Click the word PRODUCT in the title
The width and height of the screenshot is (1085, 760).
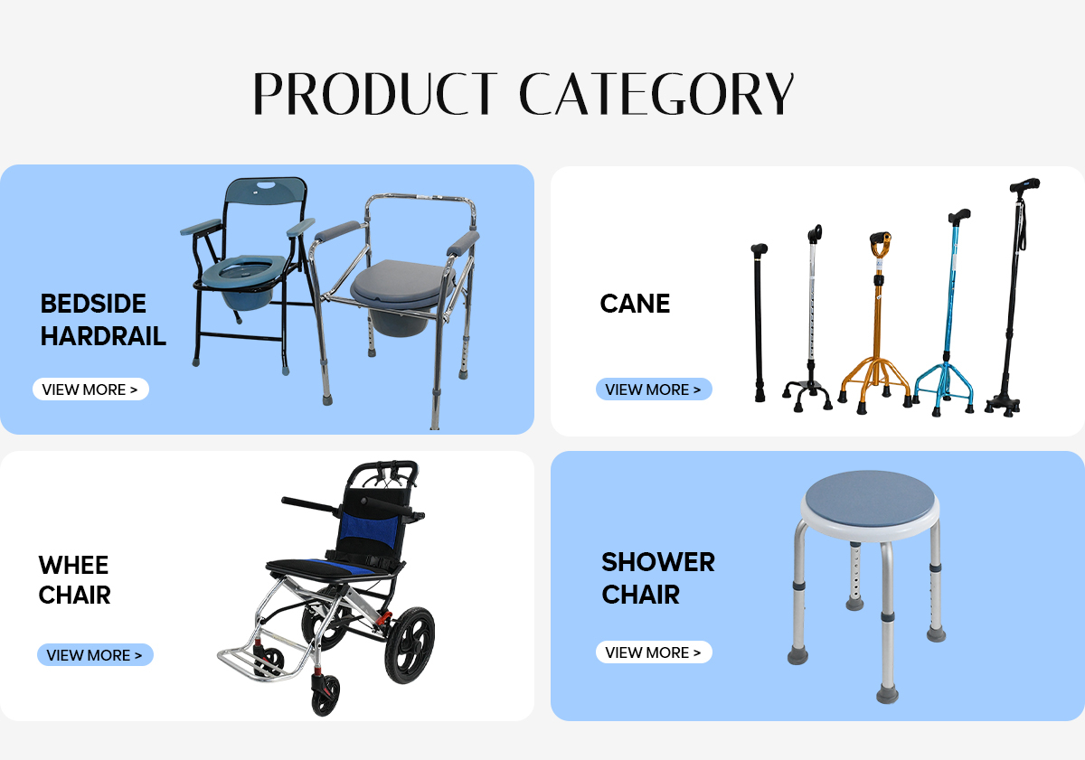[x=375, y=93]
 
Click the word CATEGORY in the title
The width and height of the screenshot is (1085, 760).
[x=656, y=93]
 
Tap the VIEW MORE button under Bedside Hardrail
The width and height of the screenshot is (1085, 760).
[x=90, y=389]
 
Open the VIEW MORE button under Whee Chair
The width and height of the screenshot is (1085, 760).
[x=95, y=655]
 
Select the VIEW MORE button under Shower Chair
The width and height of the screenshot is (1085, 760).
[x=654, y=652]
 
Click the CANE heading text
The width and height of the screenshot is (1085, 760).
[x=635, y=304]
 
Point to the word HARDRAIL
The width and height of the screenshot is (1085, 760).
[x=103, y=336]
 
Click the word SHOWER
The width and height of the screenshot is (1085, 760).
[x=658, y=562]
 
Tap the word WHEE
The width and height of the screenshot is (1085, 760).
[x=73, y=565]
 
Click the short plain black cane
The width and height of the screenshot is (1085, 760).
[x=759, y=323]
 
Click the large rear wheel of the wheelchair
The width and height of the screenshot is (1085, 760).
[x=410, y=645]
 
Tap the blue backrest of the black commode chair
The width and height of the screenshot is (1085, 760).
[x=266, y=192]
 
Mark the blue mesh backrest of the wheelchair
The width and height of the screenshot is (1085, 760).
[x=370, y=529]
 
